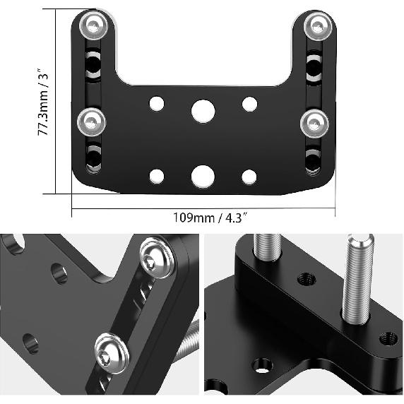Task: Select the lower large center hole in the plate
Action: (x=203, y=176)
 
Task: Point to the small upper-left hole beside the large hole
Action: (x=156, y=105)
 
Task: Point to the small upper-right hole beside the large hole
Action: (x=249, y=104)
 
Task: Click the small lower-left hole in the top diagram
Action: (x=156, y=177)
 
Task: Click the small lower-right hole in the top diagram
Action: (x=249, y=177)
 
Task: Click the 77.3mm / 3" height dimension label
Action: (x=44, y=100)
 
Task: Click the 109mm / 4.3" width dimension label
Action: (x=203, y=218)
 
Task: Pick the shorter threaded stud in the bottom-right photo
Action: (x=268, y=250)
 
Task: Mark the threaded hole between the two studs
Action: (x=307, y=278)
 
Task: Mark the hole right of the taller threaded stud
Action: (x=388, y=338)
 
